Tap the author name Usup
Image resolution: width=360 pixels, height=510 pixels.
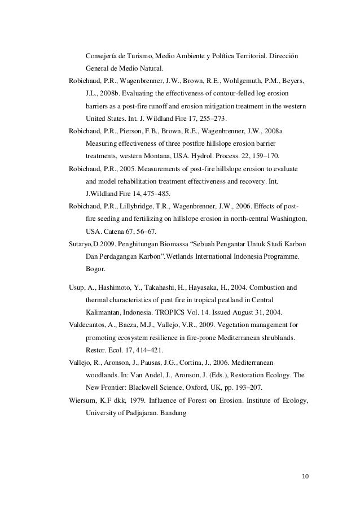point(77,287)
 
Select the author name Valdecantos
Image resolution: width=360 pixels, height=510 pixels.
point(86,325)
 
